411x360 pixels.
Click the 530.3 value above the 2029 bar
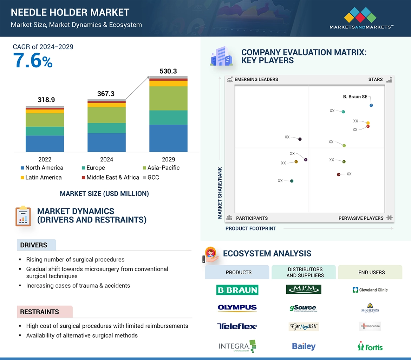pyautogui.click(x=168, y=71)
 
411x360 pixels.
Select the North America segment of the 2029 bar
pyautogui.click(x=168, y=138)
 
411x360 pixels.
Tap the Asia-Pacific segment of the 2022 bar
pyautogui.click(x=45, y=120)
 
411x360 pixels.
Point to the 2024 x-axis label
pyautogui.click(x=106, y=159)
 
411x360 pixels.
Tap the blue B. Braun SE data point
pyautogui.click(x=371, y=105)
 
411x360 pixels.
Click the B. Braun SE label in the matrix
pyautogui.click(x=355, y=96)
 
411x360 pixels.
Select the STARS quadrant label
pyautogui.click(x=375, y=79)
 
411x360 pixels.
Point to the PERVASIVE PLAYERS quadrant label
pyautogui.click(x=361, y=218)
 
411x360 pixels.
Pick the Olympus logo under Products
pyautogui.click(x=237, y=308)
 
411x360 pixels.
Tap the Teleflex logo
pyautogui.click(x=237, y=327)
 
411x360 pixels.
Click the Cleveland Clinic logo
pyautogui.click(x=370, y=290)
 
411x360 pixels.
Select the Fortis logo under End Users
pyautogui.click(x=370, y=347)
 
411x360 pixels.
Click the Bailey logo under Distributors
pyautogui.click(x=304, y=347)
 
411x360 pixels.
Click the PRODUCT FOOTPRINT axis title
pyautogui.click(x=251, y=229)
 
